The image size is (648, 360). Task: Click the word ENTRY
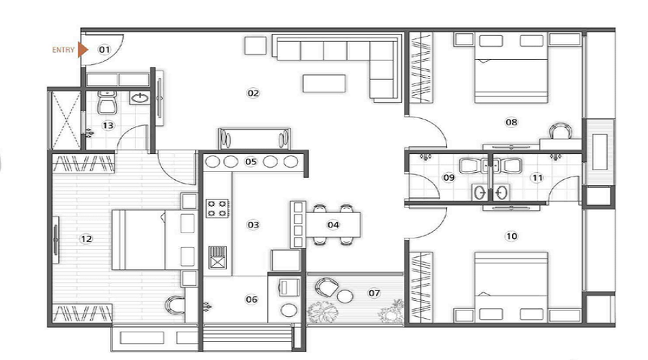tap(63, 50)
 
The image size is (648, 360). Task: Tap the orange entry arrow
tap(83, 50)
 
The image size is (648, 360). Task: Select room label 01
tap(104, 50)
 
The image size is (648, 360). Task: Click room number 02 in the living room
tap(253, 93)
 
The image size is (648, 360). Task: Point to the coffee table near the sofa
tap(324, 83)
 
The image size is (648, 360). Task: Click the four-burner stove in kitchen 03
tap(217, 208)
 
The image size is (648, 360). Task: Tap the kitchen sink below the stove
tap(217, 257)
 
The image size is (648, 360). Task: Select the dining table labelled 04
tap(333, 225)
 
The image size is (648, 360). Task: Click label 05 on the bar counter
tap(251, 161)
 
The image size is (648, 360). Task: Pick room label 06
tap(251, 300)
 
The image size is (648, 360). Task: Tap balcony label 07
tap(374, 293)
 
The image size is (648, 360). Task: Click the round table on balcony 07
tap(345, 297)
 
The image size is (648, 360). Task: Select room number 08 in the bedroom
tap(511, 122)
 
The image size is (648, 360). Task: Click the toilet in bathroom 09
tap(469, 166)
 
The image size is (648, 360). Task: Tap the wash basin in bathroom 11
tap(502, 193)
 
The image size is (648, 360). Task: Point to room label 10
tap(511, 236)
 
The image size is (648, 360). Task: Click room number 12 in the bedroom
tap(86, 239)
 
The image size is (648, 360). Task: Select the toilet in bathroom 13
tap(107, 104)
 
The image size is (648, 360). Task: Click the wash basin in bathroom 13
tap(140, 97)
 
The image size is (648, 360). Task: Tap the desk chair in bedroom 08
tap(561, 130)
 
